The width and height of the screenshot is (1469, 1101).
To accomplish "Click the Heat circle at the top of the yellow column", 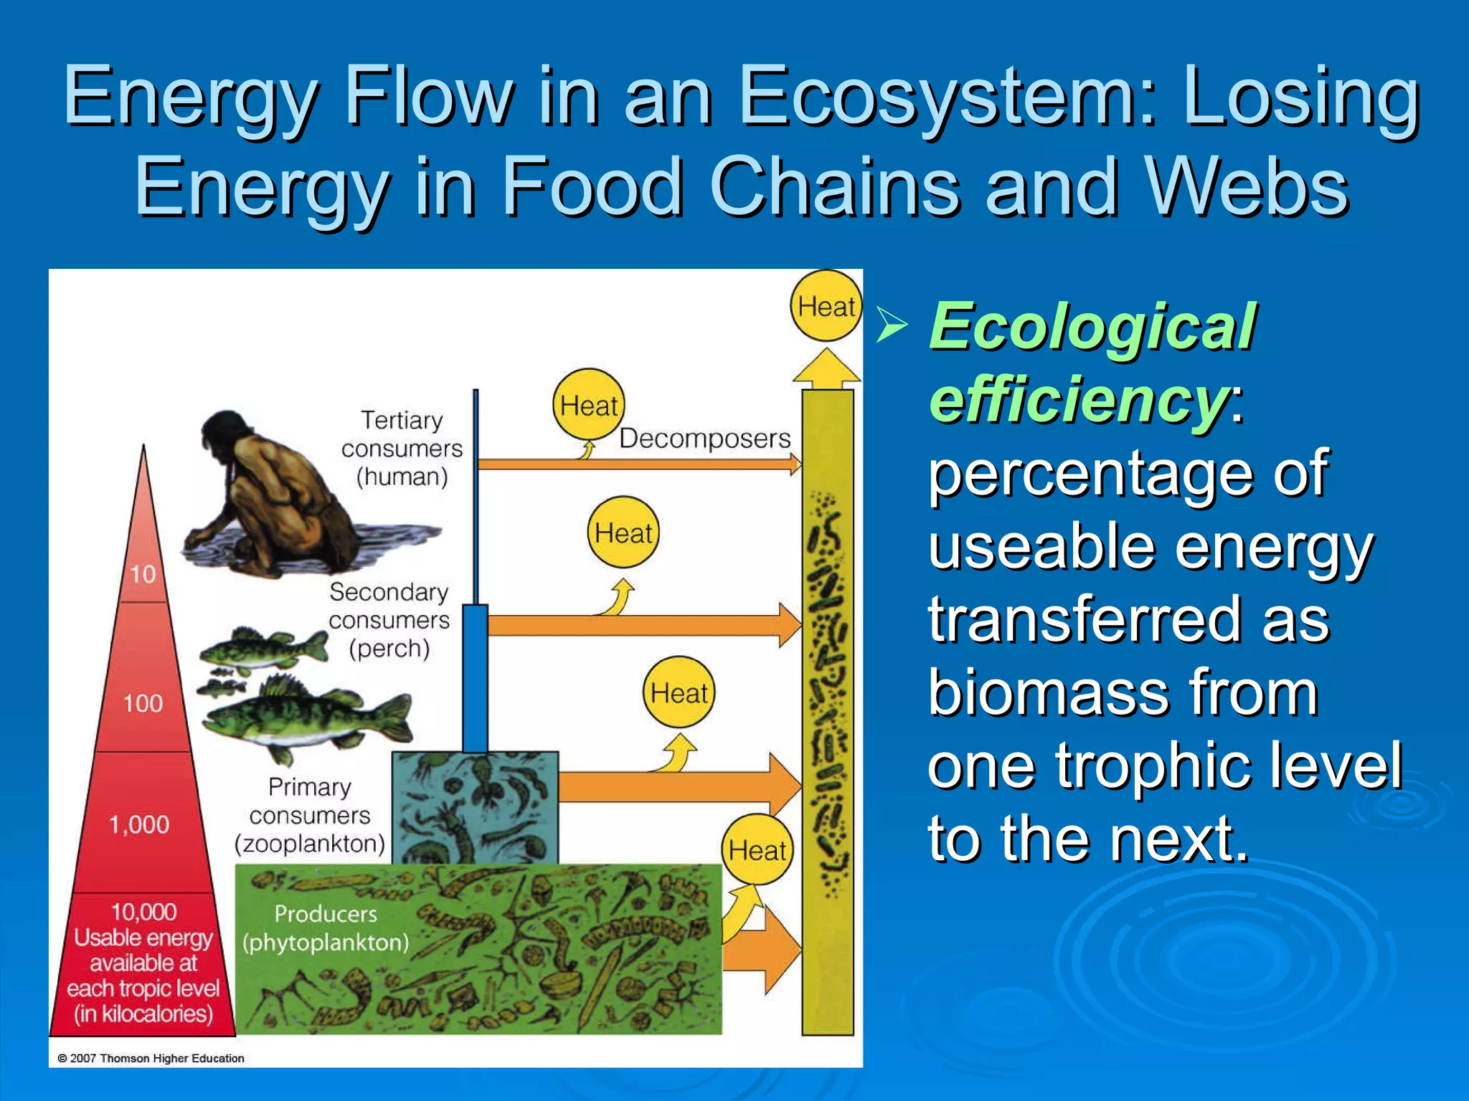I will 826,306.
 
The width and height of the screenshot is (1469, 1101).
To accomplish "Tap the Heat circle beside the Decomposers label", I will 588,405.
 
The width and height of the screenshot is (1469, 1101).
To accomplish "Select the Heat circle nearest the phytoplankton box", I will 757,850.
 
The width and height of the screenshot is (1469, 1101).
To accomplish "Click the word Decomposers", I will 704,438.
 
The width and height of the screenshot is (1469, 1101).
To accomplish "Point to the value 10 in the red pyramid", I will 143,573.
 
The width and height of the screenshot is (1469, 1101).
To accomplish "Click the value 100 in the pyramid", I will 143,702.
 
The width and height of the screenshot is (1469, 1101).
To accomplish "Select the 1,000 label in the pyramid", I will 139,824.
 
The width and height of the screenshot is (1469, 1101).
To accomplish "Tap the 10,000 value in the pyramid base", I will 143,911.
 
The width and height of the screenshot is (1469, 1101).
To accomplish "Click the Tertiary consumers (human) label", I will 402,448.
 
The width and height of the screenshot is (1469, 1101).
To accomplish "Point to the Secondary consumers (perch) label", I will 389,619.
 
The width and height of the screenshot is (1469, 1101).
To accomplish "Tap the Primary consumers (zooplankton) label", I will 310,815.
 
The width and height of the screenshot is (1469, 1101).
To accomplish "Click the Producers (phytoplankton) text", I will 326,928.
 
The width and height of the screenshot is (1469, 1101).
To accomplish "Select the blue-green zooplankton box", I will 475,806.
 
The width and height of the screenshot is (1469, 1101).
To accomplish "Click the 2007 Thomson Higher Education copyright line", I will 151,1058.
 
